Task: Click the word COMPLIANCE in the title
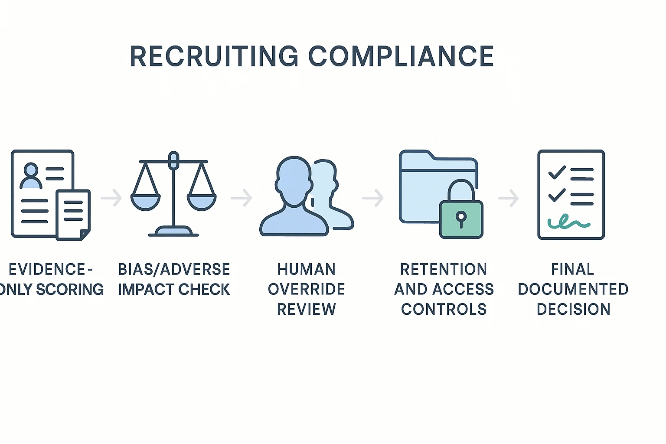pos(401,56)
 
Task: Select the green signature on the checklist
pos(569,222)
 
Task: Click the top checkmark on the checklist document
pos(557,172)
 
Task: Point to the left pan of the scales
pos(145,202)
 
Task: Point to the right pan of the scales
pos(202,202)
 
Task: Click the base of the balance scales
pos(173,232)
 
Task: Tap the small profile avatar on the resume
pos(31,176)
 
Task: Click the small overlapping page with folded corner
pos(73,215)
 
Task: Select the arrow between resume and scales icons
pos(111,198)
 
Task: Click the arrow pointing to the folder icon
pos(373,198)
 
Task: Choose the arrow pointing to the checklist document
pos(509,198)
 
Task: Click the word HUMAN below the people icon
pos(307,269)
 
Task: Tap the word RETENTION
pos(443,269)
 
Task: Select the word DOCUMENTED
pos(573,289)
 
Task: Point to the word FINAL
pos(573,269)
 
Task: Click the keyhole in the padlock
pos(461,219)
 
